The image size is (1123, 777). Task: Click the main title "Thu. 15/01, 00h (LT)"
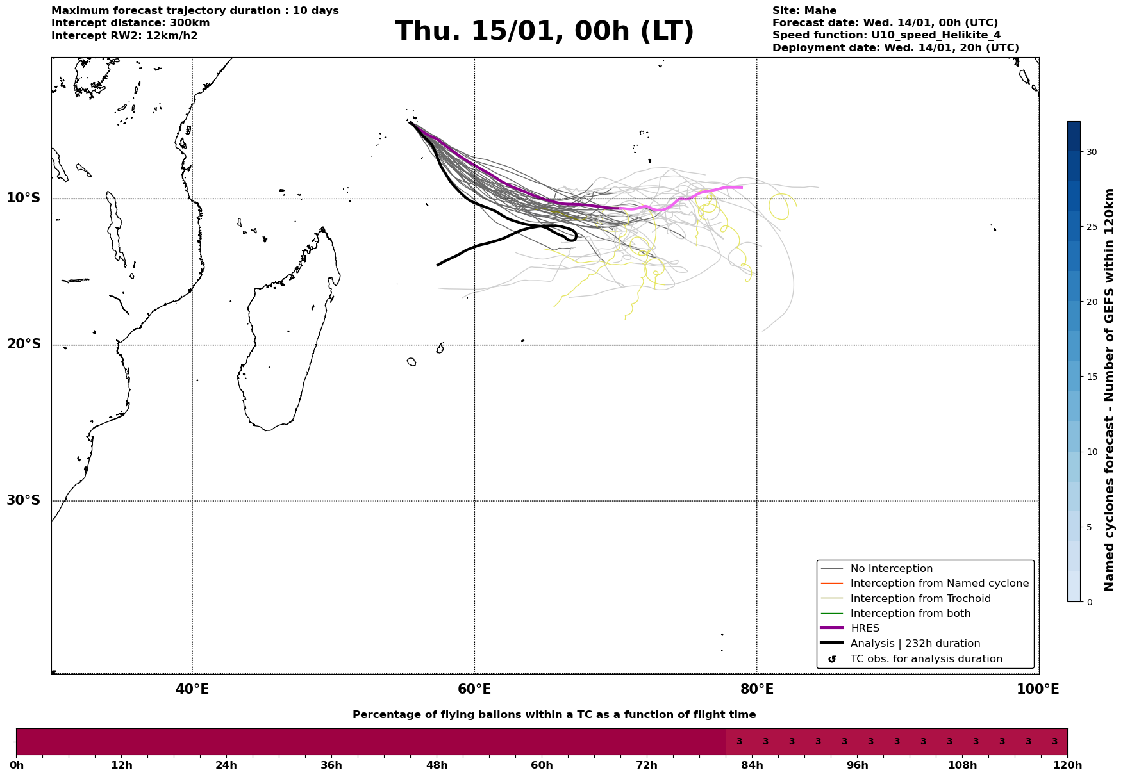point(544,32)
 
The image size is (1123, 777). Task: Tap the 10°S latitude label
point(24,198)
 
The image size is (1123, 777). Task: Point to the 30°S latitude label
point(24,500)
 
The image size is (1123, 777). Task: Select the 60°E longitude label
point(474,690)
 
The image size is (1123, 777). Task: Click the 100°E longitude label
point(1038,690)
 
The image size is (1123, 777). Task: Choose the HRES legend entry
point(865,628)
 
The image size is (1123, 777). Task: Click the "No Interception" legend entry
point(891,569)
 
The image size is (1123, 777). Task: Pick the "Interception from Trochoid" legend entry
point(920,599)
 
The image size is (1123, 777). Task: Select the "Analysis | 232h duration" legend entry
point(915,644)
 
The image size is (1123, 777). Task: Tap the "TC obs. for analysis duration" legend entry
point(926,659)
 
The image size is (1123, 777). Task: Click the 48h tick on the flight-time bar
point(437,765)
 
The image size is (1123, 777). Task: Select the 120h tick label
point(1067,765)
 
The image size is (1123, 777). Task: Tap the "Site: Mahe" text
point(804,11)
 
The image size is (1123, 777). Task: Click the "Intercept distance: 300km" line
point(130,23)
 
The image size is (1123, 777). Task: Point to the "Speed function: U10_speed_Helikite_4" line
point(886,35)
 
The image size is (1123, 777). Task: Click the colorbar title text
point(1110,389)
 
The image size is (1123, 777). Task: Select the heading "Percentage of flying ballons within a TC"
point(554,715)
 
